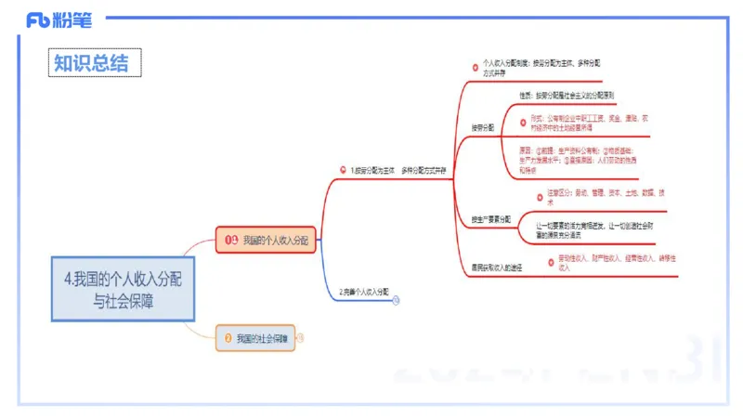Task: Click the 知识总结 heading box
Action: (96, 62)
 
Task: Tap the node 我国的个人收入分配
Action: (267, 240)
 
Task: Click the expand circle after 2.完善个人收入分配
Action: (397, 300)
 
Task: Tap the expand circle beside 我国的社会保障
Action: (300, 337)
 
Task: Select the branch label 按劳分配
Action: (485, 127)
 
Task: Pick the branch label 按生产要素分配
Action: (491, 219)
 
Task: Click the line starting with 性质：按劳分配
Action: (567, 96)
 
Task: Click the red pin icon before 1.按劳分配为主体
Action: (343, 171)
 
